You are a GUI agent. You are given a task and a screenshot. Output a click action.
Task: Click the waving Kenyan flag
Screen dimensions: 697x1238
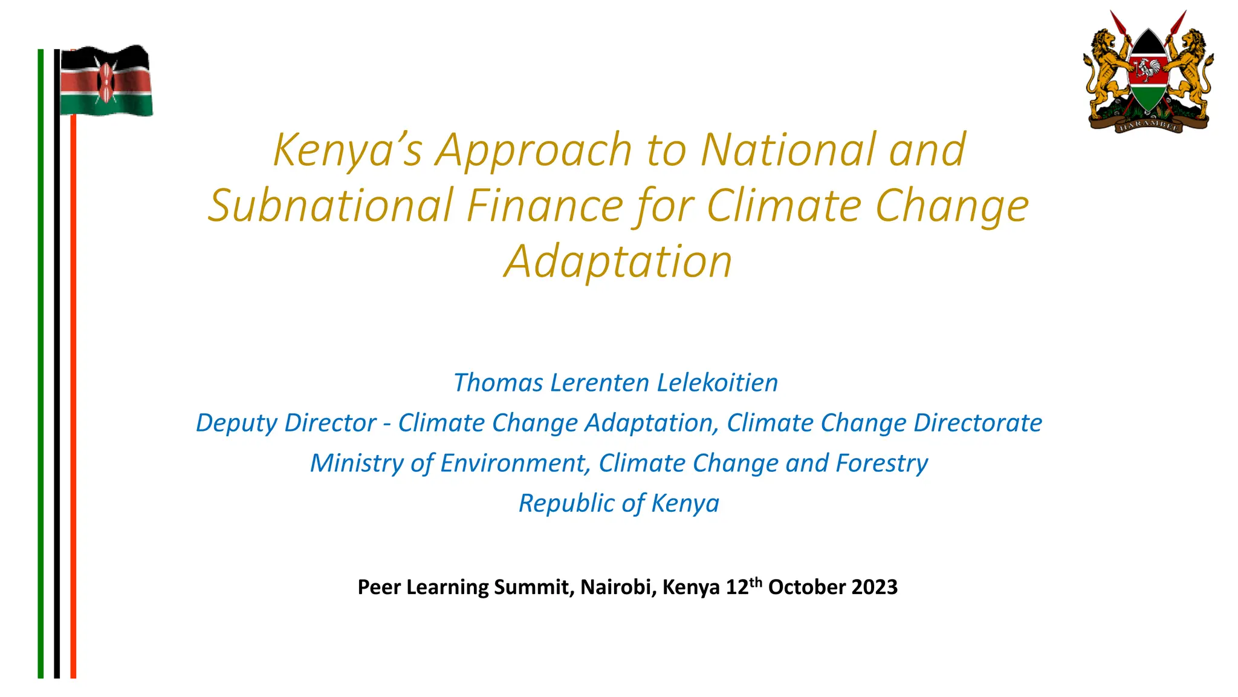[106, 81]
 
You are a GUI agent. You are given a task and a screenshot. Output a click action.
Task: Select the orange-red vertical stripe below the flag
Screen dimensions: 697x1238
[73, 393]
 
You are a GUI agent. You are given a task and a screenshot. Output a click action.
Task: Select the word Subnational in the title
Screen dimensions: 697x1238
[331, 205]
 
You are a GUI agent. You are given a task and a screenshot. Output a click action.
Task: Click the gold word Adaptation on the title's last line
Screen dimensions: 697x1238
[618, 261]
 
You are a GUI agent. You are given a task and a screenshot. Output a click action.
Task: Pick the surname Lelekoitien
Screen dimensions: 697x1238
[717, 382]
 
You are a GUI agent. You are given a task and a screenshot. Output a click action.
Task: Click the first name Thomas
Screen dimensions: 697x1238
[498, 382]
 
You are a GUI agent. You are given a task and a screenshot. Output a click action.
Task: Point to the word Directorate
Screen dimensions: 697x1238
[977, 423]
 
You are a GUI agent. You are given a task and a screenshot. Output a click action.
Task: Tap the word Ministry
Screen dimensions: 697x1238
[356, 463]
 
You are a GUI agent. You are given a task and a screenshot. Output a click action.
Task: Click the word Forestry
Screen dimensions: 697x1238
[881, 463]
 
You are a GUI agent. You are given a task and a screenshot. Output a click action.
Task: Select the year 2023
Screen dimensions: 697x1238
[874, 587]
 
